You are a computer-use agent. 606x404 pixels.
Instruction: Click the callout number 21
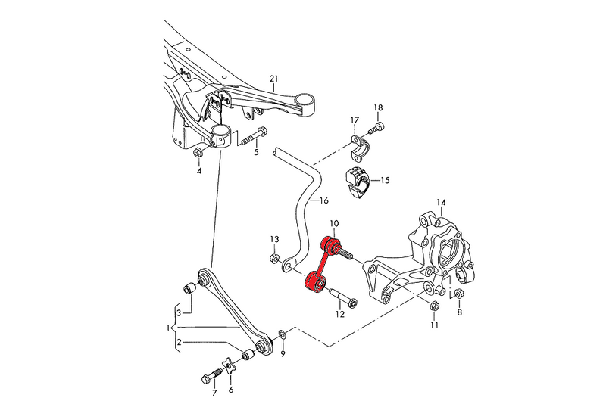[x=274, y=79]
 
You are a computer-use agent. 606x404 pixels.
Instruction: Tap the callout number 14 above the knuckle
[x=442, y=202]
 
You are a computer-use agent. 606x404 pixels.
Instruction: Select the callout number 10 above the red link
[x=335, y=225]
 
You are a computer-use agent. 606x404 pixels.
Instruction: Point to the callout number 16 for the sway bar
[x=323, y=201]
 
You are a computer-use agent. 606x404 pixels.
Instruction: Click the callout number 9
[x=283, y=353]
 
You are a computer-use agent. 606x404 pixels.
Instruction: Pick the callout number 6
[x=231, y=390]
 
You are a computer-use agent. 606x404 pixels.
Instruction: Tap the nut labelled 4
[x=198, y=154]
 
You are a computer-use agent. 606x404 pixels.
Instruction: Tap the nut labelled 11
[x=433, y=306]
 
